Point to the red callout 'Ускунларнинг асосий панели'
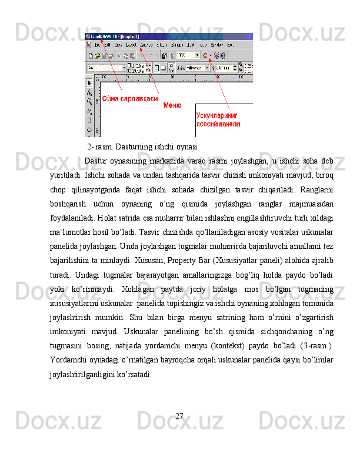[218, 120]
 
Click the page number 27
[180, 417]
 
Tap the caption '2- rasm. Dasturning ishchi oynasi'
[142, 147]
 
